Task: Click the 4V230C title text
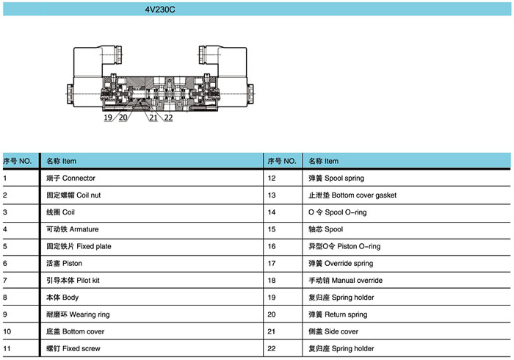160,10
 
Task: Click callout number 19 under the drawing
108,118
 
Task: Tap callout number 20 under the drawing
123,118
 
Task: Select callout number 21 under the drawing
153,118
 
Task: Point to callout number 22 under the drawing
168,118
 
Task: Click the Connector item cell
70,178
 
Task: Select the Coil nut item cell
73,195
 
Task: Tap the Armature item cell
73,229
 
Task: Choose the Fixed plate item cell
79,246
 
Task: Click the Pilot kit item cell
73,281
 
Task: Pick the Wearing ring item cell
78,314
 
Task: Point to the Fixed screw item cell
73,348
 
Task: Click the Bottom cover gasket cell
352,195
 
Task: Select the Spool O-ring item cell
338,212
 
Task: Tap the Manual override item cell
346,281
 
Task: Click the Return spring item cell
338,314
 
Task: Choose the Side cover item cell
333,331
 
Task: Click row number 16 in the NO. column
272,246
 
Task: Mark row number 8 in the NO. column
5,298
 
